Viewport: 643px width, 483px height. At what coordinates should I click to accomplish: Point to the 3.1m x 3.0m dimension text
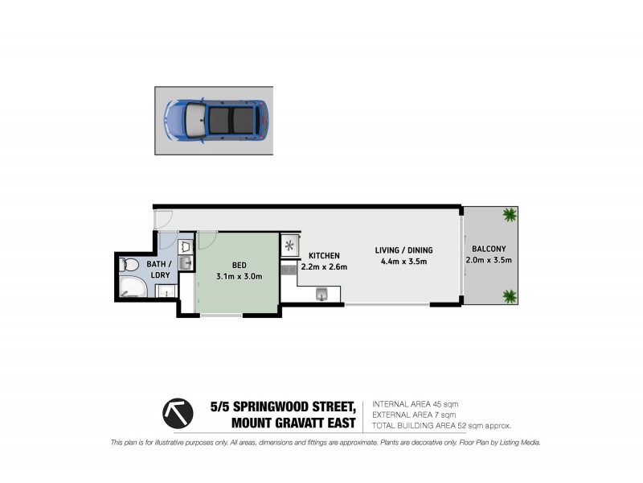pyautogui.click(x=238, y=276)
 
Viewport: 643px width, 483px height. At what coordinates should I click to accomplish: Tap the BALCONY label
pyautogui.click(x=489, y=249)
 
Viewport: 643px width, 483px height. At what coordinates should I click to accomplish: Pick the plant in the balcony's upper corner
pyautogui.click(x=509, y=214)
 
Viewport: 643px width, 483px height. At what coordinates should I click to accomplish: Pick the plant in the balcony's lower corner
pyautogui.click(x=509, y=295)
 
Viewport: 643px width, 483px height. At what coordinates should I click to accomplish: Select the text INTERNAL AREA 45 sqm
pyautogui.click(x=415, y=404)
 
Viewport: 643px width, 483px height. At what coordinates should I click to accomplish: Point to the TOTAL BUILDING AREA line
pyautogui.click(x=441, y=425)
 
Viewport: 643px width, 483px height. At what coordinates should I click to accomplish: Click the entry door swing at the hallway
pyautogui.click(x=162, y=217)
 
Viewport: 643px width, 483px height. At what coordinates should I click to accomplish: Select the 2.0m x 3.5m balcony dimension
pyautogui.click(x=489, y=261)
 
